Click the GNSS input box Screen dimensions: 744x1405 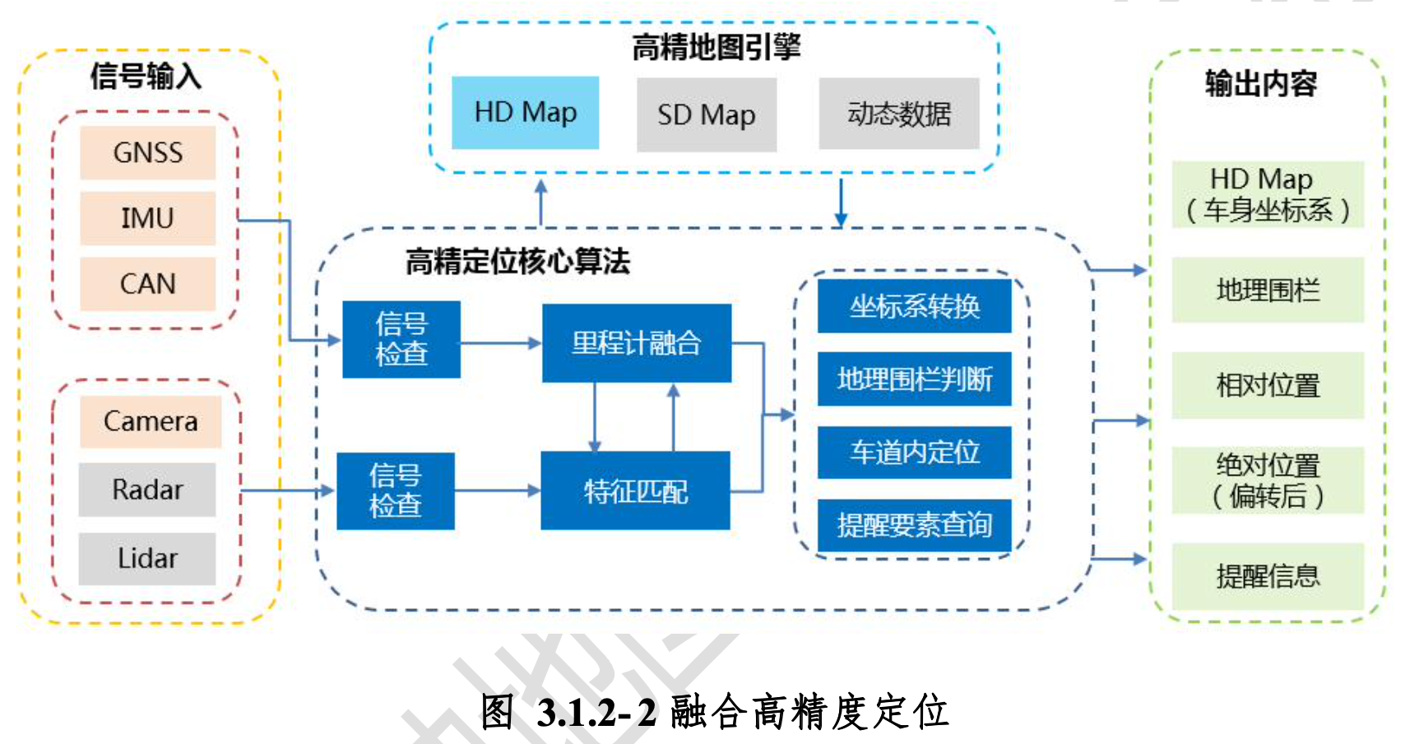[x=148, y=153]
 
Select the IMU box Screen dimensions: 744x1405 [x=148, y=219]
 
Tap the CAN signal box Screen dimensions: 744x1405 [x=148, y=284]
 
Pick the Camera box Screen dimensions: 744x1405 [x=151, y=421]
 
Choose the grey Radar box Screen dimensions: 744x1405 [x=147, y=490]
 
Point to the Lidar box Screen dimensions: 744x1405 [x=147, y=559]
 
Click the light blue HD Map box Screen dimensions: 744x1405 [x=526, y=113]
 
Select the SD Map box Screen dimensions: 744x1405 [x=707, y=115]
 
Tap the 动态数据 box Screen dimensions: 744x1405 [x=899, y=114]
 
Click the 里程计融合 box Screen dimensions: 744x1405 [x=637, y=343]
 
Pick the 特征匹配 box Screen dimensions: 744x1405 [x=635, y=491]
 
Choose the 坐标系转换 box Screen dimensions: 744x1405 [x=915, y=306]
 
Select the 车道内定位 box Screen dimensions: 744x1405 [x=915, y=452]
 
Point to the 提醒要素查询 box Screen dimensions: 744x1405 [x=915, y=525]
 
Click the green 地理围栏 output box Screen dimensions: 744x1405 [x=1268, y=291]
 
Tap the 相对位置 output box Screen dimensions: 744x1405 [x=1268, y=385]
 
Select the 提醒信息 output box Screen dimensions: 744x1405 [x=1268, y=576]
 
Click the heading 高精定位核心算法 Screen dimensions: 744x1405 [x=517, y=262]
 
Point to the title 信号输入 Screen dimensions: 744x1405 [x=146, y=76]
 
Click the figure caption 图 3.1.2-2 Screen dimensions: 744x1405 [x=714, y=712]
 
